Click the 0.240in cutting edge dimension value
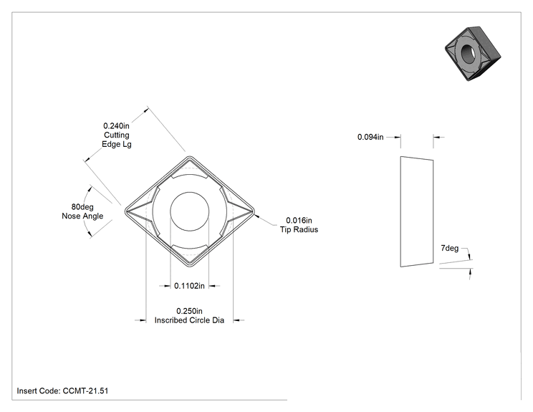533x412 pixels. (x=116, y=126)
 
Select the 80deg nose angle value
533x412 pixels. (x=82, y=206)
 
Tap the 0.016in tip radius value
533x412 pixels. (x=299, y=220)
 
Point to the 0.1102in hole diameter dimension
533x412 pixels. (x=189, y=286)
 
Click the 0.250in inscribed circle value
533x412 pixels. (x=189, y=311)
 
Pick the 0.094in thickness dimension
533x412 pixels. (x=370, y=137)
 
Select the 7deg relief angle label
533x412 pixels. (x=449, y=249)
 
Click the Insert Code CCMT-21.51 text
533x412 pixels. (x=62, y=391)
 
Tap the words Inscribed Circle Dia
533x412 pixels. (x=189, y=320)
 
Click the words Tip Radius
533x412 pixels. (x=299, y=229)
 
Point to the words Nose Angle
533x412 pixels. (x=82, y=216)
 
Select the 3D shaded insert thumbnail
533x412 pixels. (x=473, y=54)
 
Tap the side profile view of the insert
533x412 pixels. (x=417, y=212)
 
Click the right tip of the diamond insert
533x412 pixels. (x=254, y=211)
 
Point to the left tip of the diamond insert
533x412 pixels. (x=125, y=211)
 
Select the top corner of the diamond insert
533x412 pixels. (x=190, y=156)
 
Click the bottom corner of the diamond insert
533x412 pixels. (x=190, y=267)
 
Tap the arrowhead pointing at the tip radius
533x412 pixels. (x=257, y=215)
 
